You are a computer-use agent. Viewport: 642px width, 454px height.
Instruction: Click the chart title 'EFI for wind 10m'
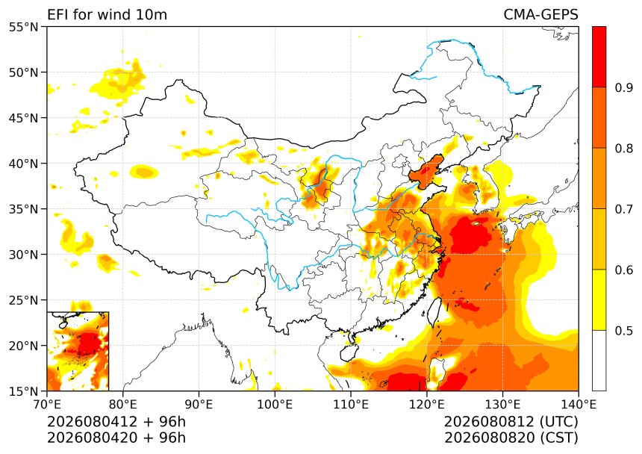[x=107, y=15]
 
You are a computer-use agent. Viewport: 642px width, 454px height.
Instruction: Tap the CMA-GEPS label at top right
[x=540, y=15]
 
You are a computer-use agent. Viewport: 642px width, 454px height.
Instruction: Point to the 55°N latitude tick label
[x=23, y=28]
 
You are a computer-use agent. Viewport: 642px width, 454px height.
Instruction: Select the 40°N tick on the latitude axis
[x=23, y=164]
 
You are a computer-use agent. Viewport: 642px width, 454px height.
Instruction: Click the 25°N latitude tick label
[x=23, y=300]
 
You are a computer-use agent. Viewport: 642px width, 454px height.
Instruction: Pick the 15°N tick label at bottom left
[x=23, y=391]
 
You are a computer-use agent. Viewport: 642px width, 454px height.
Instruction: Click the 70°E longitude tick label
[x=47, y=405]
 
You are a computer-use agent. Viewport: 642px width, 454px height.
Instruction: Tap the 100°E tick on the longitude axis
[x=275, y=405]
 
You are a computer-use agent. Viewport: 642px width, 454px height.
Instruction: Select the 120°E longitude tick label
[x=427, y=405]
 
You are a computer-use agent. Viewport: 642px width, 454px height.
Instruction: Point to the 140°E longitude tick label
[x=579, y=405]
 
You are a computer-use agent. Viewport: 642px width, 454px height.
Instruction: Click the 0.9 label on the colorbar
[x=623, y=87]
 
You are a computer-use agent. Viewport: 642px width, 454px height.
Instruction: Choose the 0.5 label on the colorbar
[x=623, y=330]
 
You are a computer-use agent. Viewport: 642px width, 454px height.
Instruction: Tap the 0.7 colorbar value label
[x=623, y=209]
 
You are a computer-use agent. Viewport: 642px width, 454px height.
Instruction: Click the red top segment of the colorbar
[x=599, y=57]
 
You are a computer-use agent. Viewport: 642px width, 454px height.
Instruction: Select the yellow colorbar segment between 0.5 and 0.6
[x=599, y=299]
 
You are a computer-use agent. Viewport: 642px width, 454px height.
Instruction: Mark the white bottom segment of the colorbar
[x=599, y=360]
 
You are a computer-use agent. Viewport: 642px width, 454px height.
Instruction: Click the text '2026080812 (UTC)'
[x=511, y=421]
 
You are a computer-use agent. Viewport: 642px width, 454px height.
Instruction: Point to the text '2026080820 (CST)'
[x=511, y=438]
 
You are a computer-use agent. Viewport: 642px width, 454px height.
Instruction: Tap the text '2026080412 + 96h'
[x=116, y=421]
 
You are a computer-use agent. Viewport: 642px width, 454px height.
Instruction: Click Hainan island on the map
[x=349, y=353]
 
